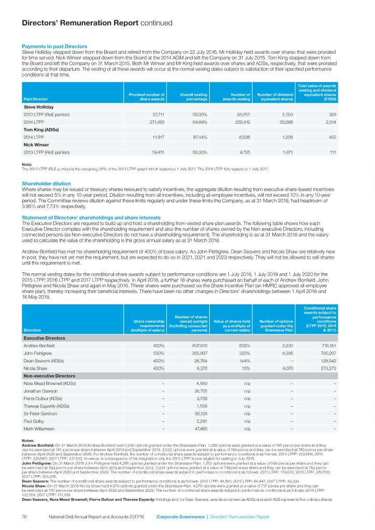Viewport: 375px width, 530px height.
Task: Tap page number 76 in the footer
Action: coord(23,517)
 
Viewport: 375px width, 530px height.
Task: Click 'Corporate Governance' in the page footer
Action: coord(181,517)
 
